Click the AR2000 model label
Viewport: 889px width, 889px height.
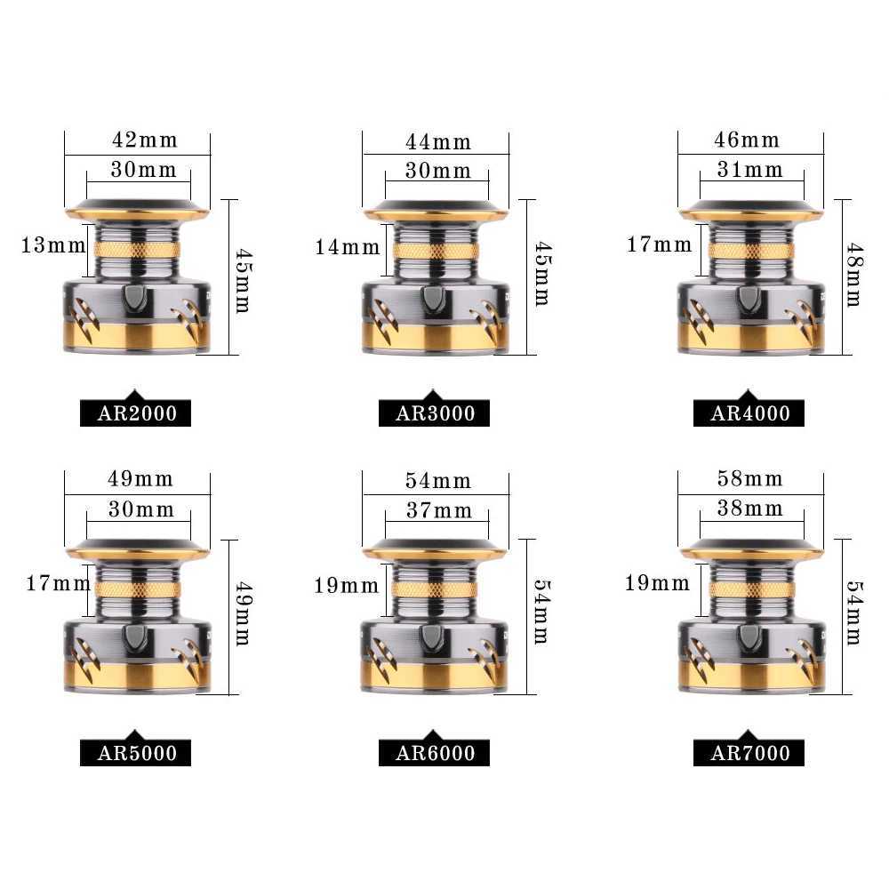coord(136,413)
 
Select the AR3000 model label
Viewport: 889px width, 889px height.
coord(435,413)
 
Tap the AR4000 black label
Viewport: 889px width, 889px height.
coord(750,413)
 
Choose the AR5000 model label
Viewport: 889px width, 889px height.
coord(136,754)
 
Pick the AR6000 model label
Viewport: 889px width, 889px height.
coord(435,754)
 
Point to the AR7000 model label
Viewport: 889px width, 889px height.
coord(750,754)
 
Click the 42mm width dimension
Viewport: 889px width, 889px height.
coord(144,140)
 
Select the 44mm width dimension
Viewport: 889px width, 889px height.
coord(438,141)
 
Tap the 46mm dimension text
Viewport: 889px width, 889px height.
coord(748,140)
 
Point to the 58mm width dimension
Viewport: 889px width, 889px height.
coord(750,479)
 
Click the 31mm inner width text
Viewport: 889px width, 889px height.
coord(750,169)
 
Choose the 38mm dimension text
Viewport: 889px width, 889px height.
coord(750,509)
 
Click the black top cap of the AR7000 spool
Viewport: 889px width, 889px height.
coord(751,546)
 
